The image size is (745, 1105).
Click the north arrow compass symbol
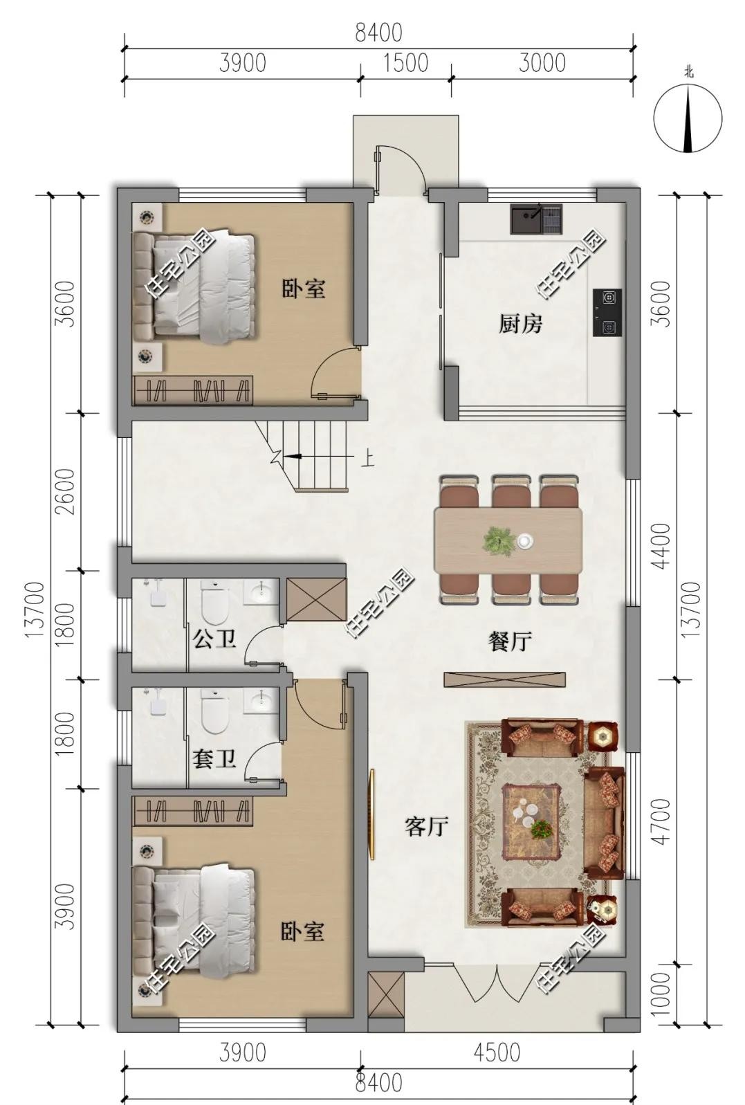coord(688,118)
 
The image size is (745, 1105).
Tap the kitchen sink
coord(536,219)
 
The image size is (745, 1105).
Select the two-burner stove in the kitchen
coord(607,313)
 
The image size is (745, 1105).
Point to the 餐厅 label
coord(510,642)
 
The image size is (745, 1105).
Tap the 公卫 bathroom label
coord(214,639)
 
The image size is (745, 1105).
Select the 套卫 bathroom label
coord(214,759)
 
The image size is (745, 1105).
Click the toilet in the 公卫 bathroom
coord(215,603)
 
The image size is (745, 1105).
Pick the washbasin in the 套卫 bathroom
coord(260,700)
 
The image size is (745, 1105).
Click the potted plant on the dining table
coord(499,541)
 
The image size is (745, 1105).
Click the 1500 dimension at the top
coord(406,63)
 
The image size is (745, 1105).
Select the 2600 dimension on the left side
coord(66,492)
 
